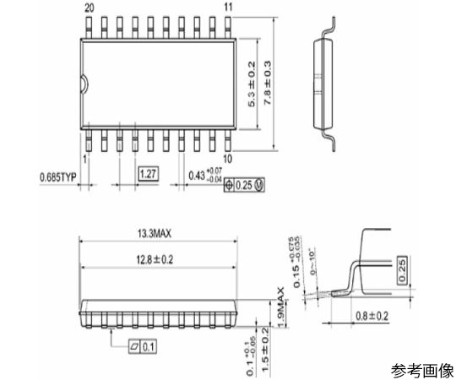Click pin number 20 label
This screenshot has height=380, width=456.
[90, 7]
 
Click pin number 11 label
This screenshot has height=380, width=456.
[227, 7]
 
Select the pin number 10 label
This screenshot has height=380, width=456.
[227, 158]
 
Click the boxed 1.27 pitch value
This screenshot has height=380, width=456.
[149, 176]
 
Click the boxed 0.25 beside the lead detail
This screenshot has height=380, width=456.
[401, 269]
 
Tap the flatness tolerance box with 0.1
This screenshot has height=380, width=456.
[145, 346]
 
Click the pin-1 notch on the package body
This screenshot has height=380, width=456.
[84, 83]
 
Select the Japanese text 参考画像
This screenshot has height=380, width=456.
[422, 369]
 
